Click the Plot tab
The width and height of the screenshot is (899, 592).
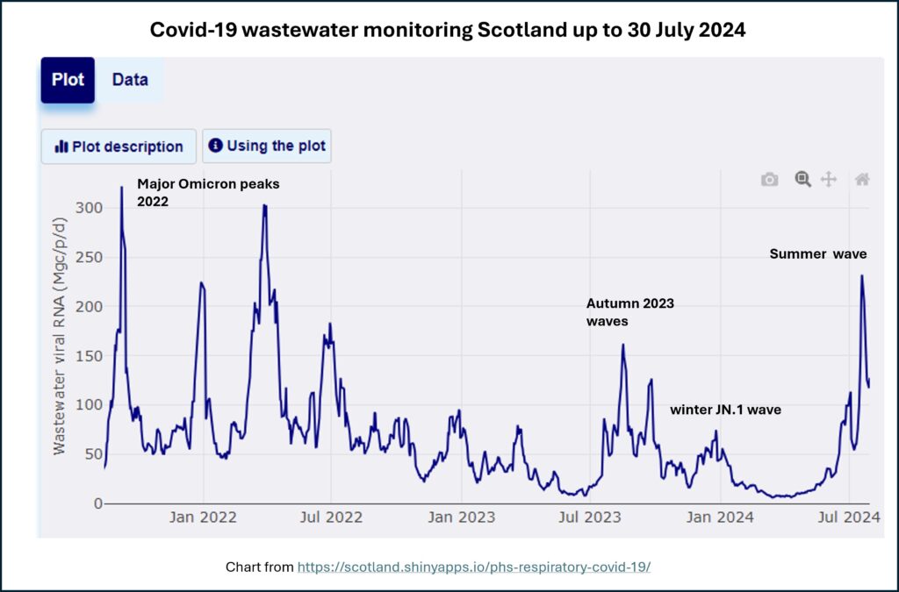(x=68, y=80)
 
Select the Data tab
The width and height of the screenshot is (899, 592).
(x=130, y=80)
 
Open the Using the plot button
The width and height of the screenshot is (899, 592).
(x=267, y=146)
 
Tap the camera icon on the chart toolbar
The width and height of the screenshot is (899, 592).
(x=769, y=180)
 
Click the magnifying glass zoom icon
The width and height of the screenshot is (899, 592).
(x=802, y=179)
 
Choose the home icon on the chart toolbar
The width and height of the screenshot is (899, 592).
(x=862, y=180)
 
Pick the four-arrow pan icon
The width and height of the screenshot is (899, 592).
(x=828, y=180)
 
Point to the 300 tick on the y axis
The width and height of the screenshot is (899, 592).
(x=90, y=208)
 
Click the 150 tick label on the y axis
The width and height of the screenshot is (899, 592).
(x=90, y=355)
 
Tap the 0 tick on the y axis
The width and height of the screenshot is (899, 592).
(x=98, y=503)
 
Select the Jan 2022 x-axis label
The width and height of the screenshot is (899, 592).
(x=204, y=517)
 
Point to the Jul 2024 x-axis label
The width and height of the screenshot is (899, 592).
(x=850, y=517)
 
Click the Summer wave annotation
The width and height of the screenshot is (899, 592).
(x=818, y=254)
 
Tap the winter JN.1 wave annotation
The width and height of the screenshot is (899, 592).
(x=725, y=410)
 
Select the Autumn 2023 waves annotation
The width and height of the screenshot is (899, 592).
(x=629, y=312)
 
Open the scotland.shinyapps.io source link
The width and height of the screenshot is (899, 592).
(x=474, y=567)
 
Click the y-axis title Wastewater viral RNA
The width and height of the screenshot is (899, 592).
(x=60, y=360)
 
